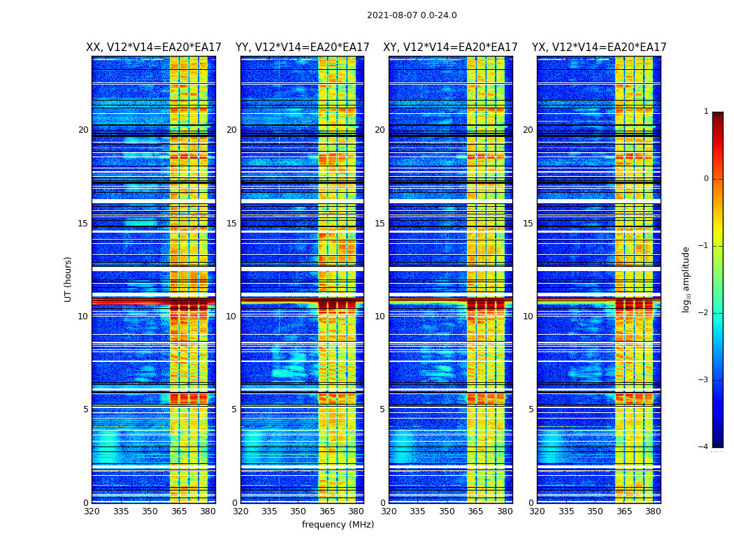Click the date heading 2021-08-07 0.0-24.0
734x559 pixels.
[412, 15]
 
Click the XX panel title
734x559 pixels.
[154, 48]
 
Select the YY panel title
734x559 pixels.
[302, 48]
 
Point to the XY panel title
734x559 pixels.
[450, 48]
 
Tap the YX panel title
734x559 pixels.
[599, 48]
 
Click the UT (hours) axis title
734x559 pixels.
[69, 279]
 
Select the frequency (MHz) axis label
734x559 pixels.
[338, 525]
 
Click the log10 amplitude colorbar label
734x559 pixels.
[686, 279]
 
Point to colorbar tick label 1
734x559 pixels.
[706, 112]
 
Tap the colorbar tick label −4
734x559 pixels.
[704, 447]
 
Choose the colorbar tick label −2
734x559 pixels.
[704, 313]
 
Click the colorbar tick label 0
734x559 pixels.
[706, 179]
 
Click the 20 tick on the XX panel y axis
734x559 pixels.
[83, 130]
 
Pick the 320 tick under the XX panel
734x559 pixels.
[92, 511]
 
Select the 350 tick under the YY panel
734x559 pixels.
[298, 511]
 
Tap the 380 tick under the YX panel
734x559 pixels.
[653, 511]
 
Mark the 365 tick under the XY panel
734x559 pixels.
[475, 511]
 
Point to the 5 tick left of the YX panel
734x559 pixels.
[531, 409]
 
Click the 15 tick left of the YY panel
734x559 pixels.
[231, 224]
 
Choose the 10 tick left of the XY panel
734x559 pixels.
[380, 317]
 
